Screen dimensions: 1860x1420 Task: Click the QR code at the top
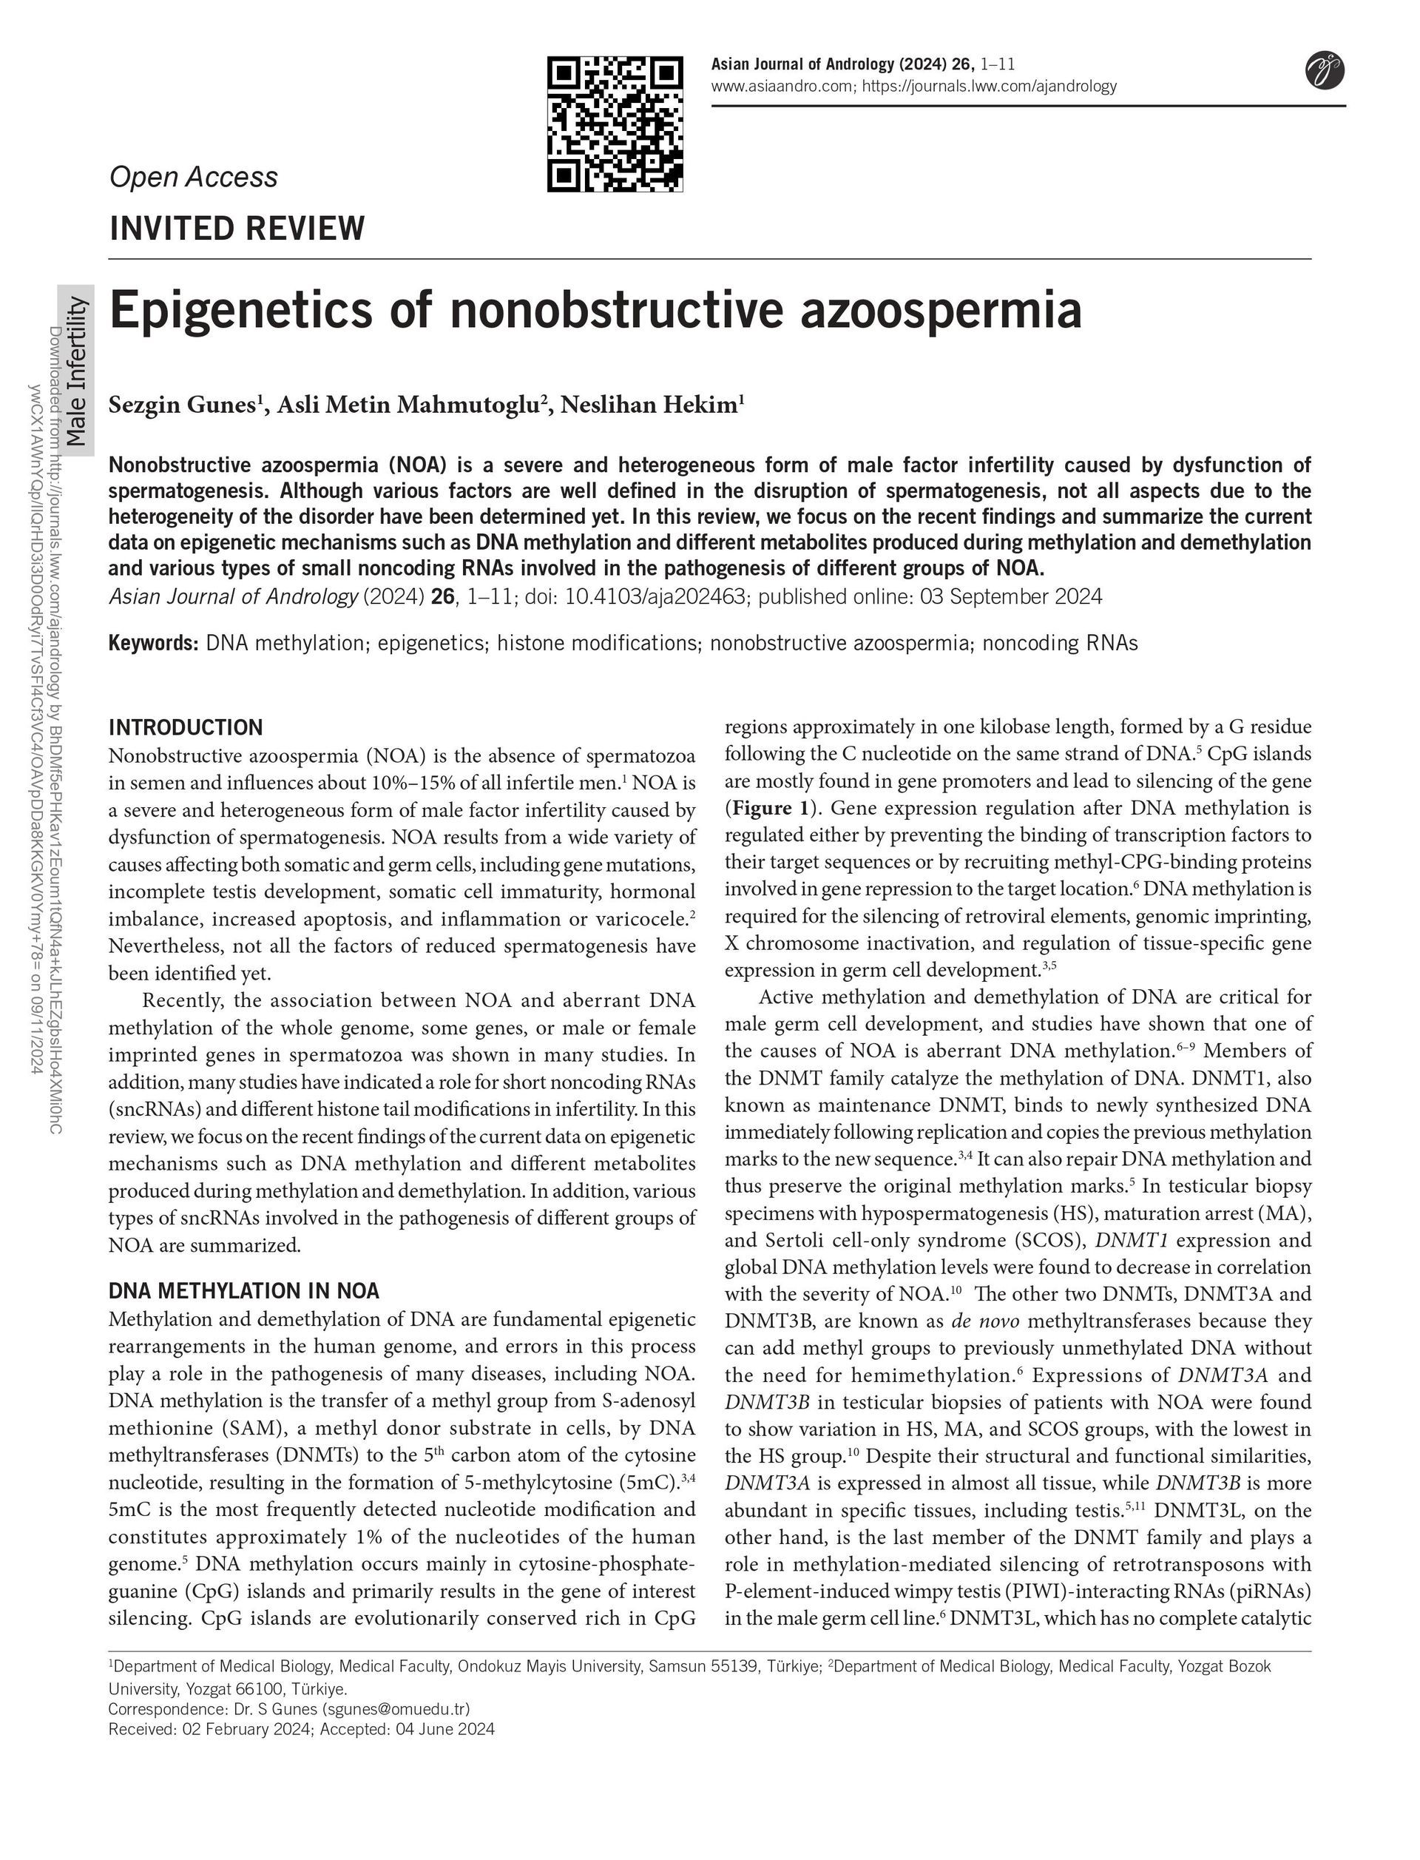pos(615,124)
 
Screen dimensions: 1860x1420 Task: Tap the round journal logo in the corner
pos(1325,70)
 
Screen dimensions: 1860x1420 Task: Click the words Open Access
pos(194,177)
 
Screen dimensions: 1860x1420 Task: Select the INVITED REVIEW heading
pos(237,229)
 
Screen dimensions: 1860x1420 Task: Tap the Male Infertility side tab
pos(76,372)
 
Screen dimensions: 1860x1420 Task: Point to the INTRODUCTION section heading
pos(186,727)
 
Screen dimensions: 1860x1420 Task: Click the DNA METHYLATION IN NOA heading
pos(244,1290)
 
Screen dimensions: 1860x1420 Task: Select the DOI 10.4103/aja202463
pos(656,597)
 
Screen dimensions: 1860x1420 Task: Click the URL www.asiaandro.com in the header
pos(782,85)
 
